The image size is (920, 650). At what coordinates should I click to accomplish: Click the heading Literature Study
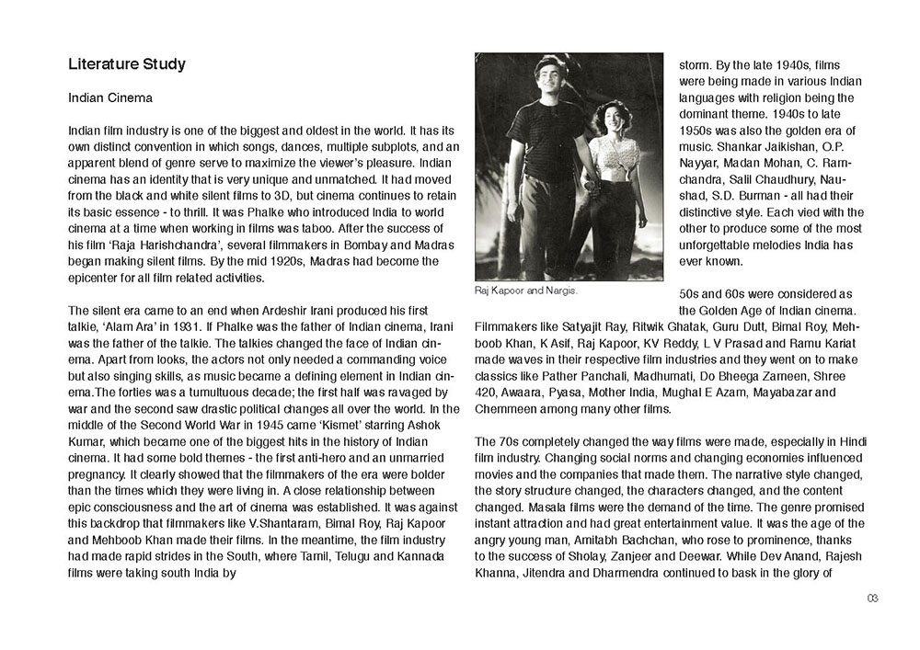coord(127,64)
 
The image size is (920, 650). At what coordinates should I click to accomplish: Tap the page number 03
coord(872,599)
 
